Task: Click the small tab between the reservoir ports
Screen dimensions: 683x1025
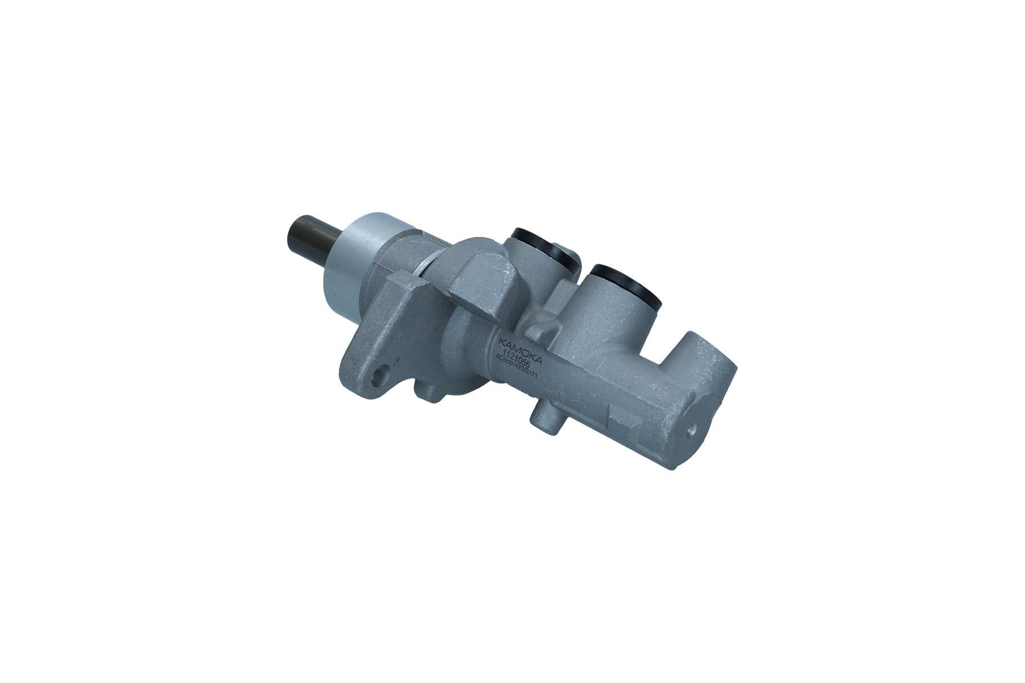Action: [538, 330]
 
